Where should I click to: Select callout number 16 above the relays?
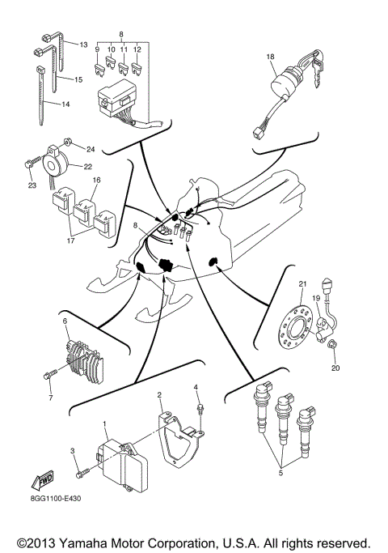(96, 181)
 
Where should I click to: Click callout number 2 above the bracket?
(159, 395)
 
